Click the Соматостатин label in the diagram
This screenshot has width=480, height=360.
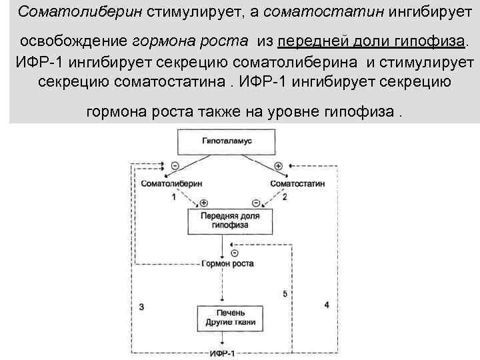coord(299,183)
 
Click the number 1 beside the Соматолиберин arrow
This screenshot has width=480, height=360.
coord(174,197)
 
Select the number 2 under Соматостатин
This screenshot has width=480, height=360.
coord(285,197)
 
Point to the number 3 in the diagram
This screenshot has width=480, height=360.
coord(141,306)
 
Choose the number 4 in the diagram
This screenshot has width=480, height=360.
coord(326,305)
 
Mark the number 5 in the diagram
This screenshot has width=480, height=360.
coord(285,293)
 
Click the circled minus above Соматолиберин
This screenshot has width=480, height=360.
coord(175,165)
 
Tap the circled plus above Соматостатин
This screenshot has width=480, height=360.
coord(278,165)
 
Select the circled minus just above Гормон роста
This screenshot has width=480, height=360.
coord(234,253)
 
